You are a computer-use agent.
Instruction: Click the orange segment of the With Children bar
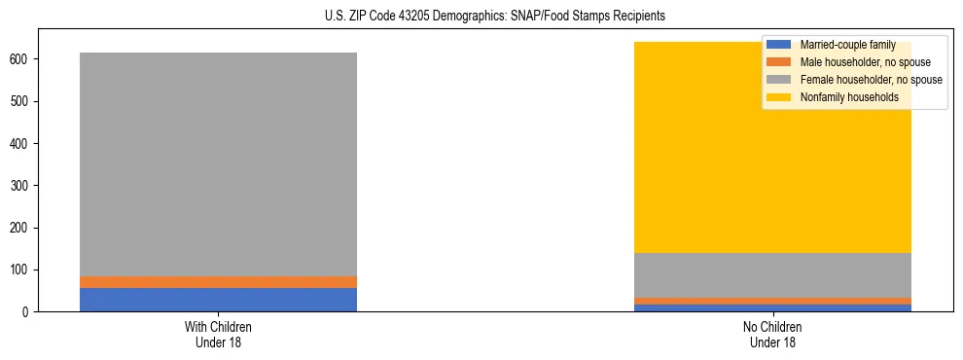click(x=218, y=282)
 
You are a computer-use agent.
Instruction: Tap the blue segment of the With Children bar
click(x=218, y=300)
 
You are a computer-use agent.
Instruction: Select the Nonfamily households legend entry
click(x=848, y=97)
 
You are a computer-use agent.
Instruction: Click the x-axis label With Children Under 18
click(x=218, y=334)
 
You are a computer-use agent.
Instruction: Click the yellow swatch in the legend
click(x=780, y=97)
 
